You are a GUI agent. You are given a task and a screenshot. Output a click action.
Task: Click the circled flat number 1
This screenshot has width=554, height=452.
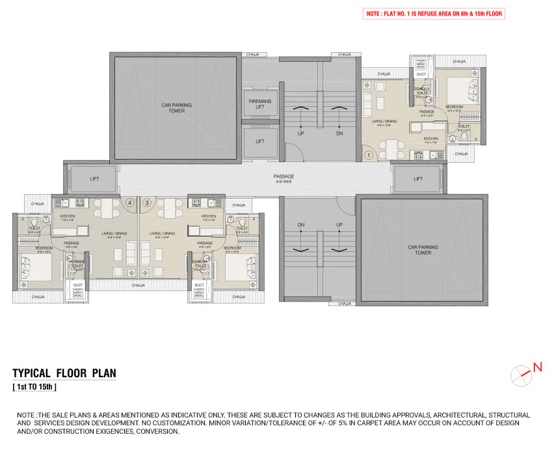(x=368, y=155)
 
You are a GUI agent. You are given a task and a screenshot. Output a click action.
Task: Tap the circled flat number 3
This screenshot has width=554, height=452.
(x=147, y=203)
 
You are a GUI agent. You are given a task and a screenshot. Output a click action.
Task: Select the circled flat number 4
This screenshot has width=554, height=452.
(x=130, y=203)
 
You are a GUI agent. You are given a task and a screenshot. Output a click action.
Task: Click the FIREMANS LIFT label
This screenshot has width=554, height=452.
(x=260, y=104)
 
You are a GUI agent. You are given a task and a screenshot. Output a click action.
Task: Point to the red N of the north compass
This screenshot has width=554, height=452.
(x=537, y=367)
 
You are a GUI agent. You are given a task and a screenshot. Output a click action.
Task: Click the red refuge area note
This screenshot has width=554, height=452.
(x=433, y=14)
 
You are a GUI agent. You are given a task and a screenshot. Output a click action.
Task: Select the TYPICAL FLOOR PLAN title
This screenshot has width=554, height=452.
(x=64, y=373)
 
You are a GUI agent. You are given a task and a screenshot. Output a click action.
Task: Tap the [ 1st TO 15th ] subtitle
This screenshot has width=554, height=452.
(x=34, y=388)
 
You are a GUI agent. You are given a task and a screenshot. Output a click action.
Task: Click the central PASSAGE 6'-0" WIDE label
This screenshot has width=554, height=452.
(x=284, y=178)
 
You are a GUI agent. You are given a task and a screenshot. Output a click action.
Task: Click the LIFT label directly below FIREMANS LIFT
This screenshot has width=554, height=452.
(x=260, y=141)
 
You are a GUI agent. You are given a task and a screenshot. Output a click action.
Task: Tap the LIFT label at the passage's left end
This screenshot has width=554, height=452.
(x=90, y=178)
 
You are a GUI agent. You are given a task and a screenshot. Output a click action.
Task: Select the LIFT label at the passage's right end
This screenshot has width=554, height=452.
(x=418, y=178)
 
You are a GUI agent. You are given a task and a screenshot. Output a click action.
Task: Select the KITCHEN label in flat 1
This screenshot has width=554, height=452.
(x=430, y=139)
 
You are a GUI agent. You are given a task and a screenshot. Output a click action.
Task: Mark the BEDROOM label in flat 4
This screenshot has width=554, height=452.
(x=44, y=248)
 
